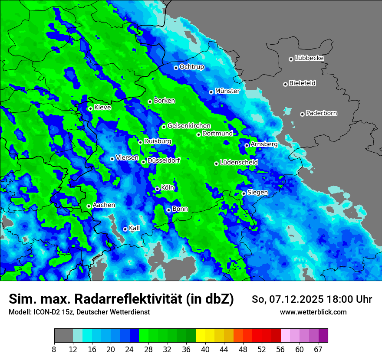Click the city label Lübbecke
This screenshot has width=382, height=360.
[x=309, y=58]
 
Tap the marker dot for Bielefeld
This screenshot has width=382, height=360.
[x=285, y=84]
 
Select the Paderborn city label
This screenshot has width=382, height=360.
[x=321, y=113]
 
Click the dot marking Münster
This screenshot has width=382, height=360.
[x=211, y=92]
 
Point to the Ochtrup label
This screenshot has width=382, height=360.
[x=191, y=67]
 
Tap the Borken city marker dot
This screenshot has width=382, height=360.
[x=150, y=102]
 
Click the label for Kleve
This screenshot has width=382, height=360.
[x=102, y=108]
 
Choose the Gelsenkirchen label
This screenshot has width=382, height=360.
[x=189, y=126]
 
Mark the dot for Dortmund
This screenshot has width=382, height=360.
[x=198, y=134]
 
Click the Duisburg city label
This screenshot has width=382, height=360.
[x=158, y=141]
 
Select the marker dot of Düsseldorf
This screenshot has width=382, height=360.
[x=143, y=162]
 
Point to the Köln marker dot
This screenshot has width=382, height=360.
[x=157, y=189]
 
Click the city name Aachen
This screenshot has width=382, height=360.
[x=104, y=205]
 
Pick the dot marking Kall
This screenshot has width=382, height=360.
[x=125, y=229]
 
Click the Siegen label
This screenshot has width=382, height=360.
[x=257, y=192]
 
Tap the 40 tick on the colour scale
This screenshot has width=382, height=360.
[x=205, y=349]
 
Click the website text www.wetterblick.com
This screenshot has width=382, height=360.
[x=313, y=312]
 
